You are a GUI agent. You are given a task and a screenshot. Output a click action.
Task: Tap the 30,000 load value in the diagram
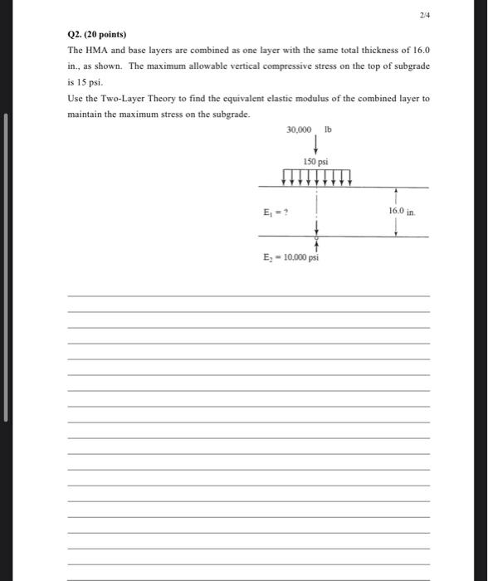coord(299,130)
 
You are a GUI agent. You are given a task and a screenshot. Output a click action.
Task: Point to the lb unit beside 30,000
coord(329,130)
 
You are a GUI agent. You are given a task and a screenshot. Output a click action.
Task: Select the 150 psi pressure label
coord(316,160)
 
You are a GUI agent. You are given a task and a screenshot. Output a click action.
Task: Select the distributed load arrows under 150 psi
coord(317,176)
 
